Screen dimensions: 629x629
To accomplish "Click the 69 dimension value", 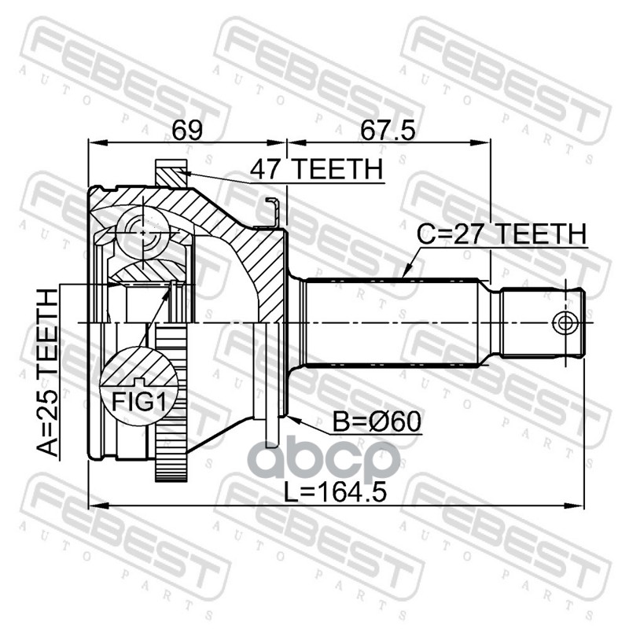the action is (x=187, y=130).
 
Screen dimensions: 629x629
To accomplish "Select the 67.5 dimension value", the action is (x=387, y=130).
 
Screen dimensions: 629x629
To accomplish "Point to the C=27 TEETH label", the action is (x=502, y=234).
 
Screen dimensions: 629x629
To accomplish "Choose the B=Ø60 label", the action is (x=377, y=421).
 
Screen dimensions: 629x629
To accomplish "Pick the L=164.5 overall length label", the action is (x=336, y=492).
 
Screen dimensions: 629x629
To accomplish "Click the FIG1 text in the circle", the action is (x=138, y=402).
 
